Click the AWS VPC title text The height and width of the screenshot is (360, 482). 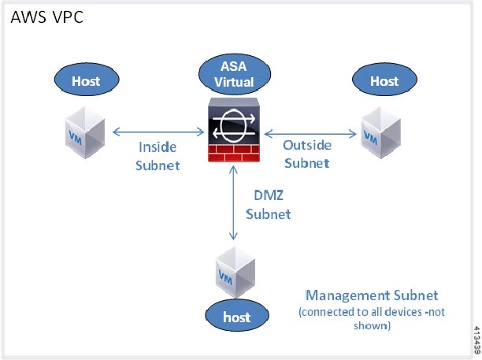46,17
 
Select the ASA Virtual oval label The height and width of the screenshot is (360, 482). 235,74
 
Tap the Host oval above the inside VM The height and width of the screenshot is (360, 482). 87,80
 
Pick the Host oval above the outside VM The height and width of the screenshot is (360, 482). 384,80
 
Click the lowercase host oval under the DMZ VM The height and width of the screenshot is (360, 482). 237,316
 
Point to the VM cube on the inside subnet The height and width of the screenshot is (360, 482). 85,132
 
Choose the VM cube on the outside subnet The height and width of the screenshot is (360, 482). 381,132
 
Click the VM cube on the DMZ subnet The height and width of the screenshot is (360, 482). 235,272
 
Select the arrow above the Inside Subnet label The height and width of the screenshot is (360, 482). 158,132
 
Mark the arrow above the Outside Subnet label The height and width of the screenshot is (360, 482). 310,134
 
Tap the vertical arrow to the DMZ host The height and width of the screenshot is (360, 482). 234,203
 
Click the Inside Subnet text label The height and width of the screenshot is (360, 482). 158,156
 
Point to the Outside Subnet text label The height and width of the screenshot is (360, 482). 307,154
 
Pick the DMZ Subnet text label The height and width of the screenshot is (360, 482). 269,205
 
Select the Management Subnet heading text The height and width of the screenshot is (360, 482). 372,295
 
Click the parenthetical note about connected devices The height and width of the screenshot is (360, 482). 372,318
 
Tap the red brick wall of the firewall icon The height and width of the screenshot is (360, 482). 234,153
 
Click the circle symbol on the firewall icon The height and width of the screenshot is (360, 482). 234,126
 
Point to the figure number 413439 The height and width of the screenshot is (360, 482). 477,340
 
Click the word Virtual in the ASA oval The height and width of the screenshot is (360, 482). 234,82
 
